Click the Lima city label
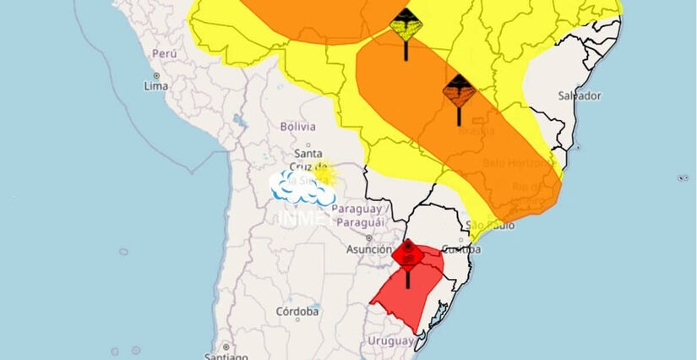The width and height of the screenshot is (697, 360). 156,86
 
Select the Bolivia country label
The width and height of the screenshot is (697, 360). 297,127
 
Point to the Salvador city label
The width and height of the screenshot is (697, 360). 580,95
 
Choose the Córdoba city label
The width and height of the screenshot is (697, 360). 297,312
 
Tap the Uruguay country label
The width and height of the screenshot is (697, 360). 390,341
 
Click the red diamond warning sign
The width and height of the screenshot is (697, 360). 407,254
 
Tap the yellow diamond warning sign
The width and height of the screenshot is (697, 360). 406,25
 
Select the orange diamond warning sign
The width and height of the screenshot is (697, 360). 459,90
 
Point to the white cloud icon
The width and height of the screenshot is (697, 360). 300,190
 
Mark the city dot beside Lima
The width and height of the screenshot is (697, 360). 144,76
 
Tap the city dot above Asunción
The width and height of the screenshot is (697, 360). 369,239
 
